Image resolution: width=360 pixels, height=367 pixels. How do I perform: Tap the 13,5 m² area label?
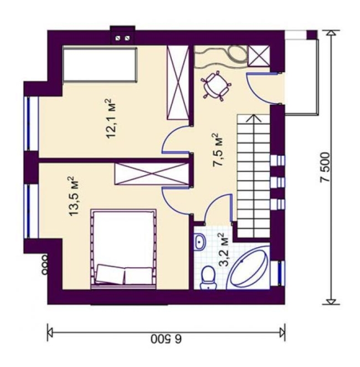[x=74, y=196]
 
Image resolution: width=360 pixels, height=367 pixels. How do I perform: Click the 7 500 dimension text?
[x=325, y=167]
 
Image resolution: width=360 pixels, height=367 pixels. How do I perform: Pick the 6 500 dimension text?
[x=166, y=339]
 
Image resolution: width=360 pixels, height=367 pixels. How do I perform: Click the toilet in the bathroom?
[x=208, y=278]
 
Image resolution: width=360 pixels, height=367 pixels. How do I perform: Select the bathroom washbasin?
[x=199, y=242]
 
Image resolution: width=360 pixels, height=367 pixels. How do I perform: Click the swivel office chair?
[x=216, y=85]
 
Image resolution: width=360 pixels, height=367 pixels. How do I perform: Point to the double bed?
[x=124, y=249]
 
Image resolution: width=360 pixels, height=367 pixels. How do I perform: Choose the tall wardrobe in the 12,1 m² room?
[x=178, y=83]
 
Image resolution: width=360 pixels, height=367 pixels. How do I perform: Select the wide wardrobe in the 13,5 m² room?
[x=152, y=174]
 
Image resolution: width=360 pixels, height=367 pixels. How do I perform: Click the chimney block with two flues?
[x=123, y=35]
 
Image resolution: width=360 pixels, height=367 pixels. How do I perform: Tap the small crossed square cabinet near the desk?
[x=259, y=57]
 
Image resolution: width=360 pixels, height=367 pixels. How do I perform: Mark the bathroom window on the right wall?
[x=281, y=273]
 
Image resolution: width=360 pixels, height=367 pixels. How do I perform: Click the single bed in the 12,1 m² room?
[x=100, y=64]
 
